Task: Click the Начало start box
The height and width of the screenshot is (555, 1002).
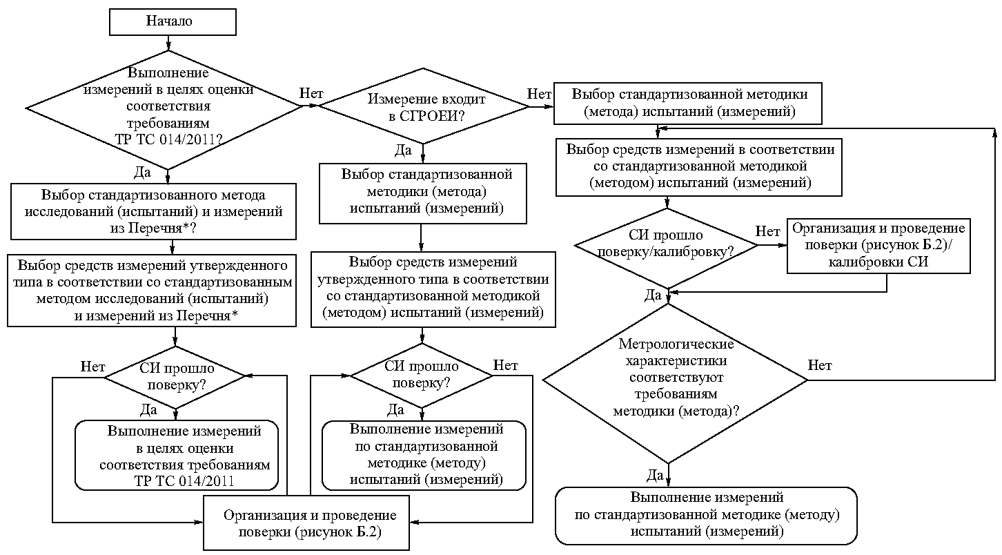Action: coord(173,22)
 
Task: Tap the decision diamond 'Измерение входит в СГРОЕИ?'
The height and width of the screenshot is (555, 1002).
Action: coord(423,106)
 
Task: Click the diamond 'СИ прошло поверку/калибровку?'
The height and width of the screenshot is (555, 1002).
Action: coord(667,249)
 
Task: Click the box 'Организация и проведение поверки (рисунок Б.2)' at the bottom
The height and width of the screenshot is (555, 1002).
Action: coord(306,523)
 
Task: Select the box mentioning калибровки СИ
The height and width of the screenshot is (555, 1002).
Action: coord(878,246)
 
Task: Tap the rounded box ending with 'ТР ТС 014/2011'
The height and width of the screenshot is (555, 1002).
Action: coord(177,455)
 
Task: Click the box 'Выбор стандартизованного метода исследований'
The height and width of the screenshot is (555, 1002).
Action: coord(153,211)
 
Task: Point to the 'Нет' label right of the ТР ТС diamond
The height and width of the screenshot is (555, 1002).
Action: coord(311,93)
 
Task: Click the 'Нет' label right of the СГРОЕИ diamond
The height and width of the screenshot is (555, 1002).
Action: coord(539,94)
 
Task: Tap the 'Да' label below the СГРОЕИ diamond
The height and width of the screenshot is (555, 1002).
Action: coord(403,150)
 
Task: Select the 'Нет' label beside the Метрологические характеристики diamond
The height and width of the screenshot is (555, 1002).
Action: coord(820,365)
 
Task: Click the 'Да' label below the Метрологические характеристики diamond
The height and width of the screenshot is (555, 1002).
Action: coord(655,475)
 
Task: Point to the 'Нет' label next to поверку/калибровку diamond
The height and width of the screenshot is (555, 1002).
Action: coord(767,231)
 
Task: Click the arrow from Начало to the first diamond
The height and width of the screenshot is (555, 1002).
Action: coord(168,43)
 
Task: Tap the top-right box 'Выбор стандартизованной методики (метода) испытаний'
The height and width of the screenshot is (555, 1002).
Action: coord(688,104)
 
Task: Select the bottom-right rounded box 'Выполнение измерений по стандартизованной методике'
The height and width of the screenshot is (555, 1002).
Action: coord(707,516)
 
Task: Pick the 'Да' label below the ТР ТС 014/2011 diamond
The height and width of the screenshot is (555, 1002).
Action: coord(142,173)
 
